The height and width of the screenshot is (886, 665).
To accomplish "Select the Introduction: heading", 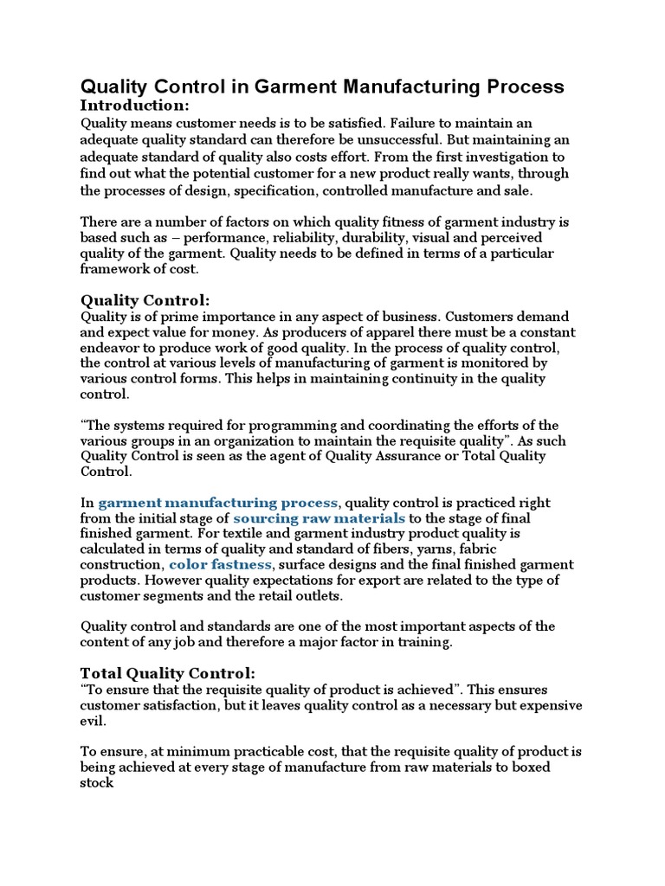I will tap(134, 106).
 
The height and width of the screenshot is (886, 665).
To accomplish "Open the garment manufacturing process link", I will tap(218, 503).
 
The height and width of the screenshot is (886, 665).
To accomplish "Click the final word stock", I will tap(97, 782).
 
